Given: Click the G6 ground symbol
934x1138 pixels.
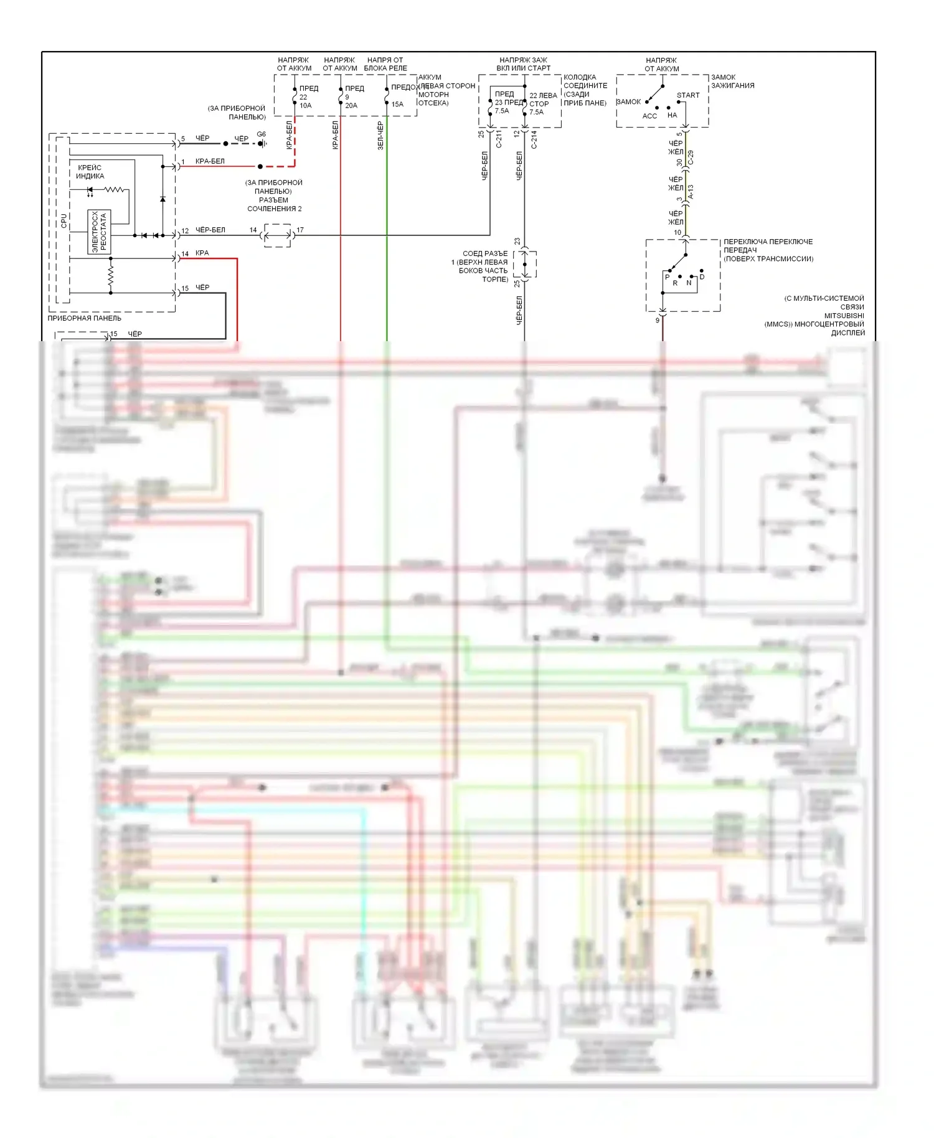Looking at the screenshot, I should tap(262, 143).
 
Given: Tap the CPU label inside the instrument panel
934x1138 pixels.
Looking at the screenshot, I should tap(64, 220).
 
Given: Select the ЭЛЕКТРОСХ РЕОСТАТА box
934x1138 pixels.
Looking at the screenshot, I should tap(99, 232).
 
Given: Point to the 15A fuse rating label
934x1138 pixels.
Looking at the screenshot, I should tap(397, 105).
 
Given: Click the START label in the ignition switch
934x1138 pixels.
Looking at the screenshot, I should tap(688, 95).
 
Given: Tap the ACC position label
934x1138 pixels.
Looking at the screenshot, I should tap(649, 116).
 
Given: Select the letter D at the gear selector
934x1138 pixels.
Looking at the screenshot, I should tap(702, 277).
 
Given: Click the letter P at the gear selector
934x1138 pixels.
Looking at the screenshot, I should tap(667, 277).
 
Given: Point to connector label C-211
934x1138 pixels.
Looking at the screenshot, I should tap(499, 139).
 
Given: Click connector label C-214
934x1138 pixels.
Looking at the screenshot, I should tap(534, 139).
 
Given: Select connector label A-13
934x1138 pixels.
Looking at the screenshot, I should tap(691, 192).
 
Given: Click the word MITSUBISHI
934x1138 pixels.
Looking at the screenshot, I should tap(844, 316).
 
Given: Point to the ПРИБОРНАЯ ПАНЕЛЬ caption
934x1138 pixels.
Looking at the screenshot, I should tap(85, 318).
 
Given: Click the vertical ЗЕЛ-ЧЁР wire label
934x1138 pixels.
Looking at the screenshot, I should tap(380, 136).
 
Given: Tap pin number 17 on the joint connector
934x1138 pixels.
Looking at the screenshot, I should tap(300, 230).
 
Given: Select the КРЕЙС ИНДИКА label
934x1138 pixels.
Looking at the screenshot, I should tap(90, 172).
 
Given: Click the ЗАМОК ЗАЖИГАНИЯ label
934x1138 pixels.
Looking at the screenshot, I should tap(732, 82).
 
